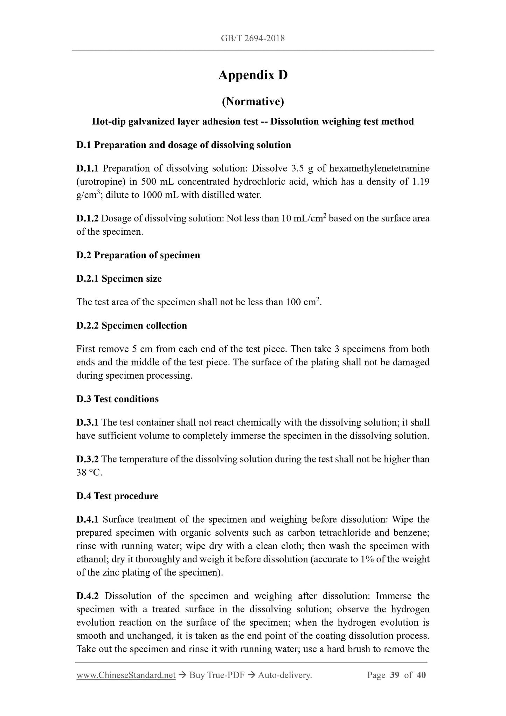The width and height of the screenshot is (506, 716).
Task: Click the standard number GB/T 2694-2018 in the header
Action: coord(253,38)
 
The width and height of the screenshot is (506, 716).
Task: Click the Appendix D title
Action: coord(253,75)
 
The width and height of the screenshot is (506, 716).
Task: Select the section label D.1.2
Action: coord(88,219)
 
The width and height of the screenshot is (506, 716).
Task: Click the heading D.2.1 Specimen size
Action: coord(119,279)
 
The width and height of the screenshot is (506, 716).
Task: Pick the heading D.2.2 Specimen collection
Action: coord(132,326)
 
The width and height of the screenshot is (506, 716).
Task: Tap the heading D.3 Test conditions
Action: coord(117,399)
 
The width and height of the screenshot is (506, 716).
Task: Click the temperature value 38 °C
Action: coord(89,473)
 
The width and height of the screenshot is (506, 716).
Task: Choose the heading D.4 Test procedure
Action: coord(117,496)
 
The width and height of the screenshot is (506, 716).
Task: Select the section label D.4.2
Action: coord(88,596)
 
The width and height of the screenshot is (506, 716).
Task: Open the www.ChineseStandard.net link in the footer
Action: coord(126,675)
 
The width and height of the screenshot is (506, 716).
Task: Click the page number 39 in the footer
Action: coord(394,675)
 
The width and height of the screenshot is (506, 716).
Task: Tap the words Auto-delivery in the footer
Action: coord(284,675)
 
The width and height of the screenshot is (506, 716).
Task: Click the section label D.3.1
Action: coord(88,423)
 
